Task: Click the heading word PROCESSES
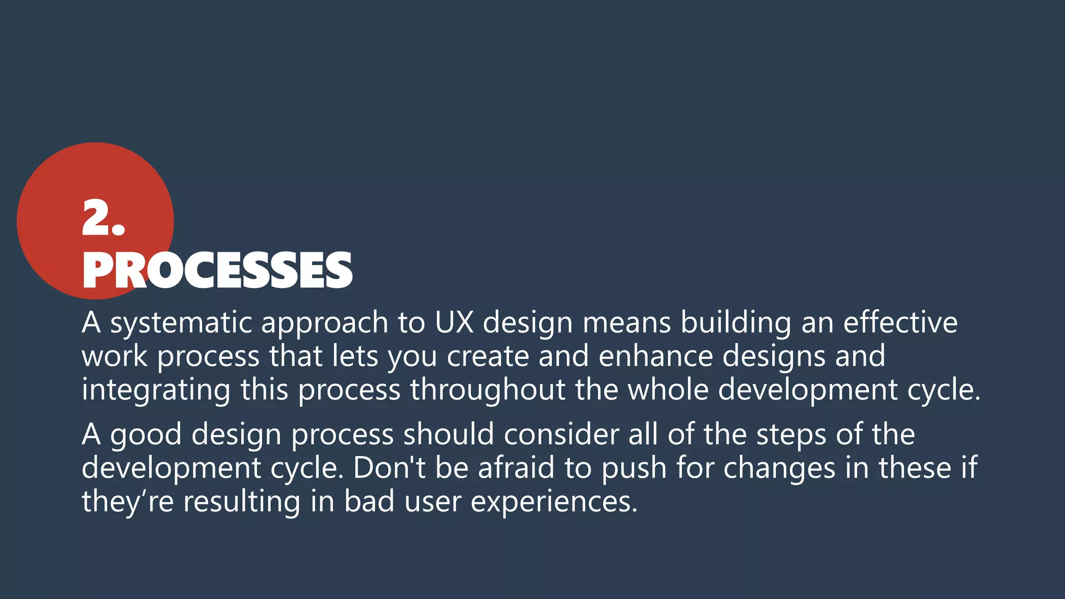(x=217, y=270)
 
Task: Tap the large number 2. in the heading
(x=103, y=219)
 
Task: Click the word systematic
(x=181, y=323)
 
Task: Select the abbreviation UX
(x=454, y=322)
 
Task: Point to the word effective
(x=900, y=322)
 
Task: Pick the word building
(x=736, y=323)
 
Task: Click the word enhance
(x=656, y=356)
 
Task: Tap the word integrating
(x=156, y=390)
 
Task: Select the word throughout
(x=488, y=390)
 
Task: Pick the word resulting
(x=242, y=502)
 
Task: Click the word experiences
(x=554, y=502)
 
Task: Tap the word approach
(x=324, y=323)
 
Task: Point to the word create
(x=487, y=357)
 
